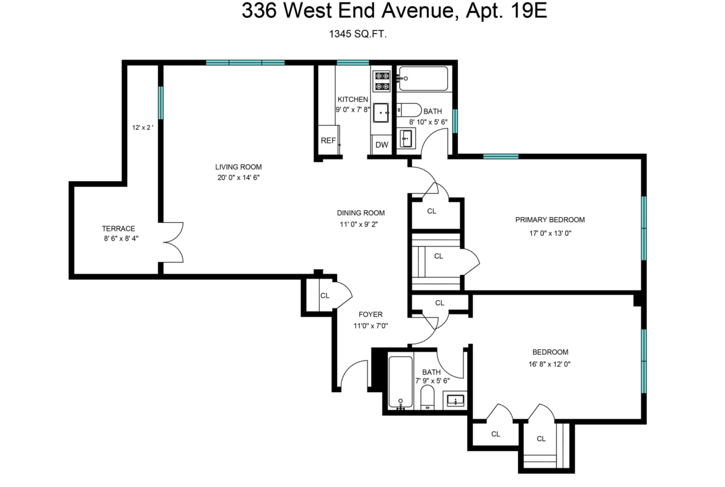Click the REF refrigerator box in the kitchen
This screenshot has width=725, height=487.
point(329,140)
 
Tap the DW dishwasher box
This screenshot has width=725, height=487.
point(382,145)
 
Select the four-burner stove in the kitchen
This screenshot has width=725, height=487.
point(382,81)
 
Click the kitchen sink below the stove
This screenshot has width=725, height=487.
point(382,112)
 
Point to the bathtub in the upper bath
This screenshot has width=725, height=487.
point(423,79)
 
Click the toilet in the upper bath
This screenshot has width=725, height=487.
point(410,110)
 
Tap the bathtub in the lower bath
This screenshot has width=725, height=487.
point(400,382)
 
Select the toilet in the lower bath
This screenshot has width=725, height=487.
point(427,398)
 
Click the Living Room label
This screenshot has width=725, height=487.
point(239,167)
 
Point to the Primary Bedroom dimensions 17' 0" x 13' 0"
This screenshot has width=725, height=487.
point(550,233)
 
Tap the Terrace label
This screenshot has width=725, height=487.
point(118,229)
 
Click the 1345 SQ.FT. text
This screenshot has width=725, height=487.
point(358,34)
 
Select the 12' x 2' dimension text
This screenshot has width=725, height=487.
point(143,127)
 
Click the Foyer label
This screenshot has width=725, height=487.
point(371,315)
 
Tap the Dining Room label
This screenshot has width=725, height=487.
point(361,213)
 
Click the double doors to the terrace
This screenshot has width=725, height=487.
point(172,242)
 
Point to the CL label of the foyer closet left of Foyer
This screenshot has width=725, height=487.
point(325,296)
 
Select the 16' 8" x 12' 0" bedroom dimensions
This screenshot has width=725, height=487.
point(549,364)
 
